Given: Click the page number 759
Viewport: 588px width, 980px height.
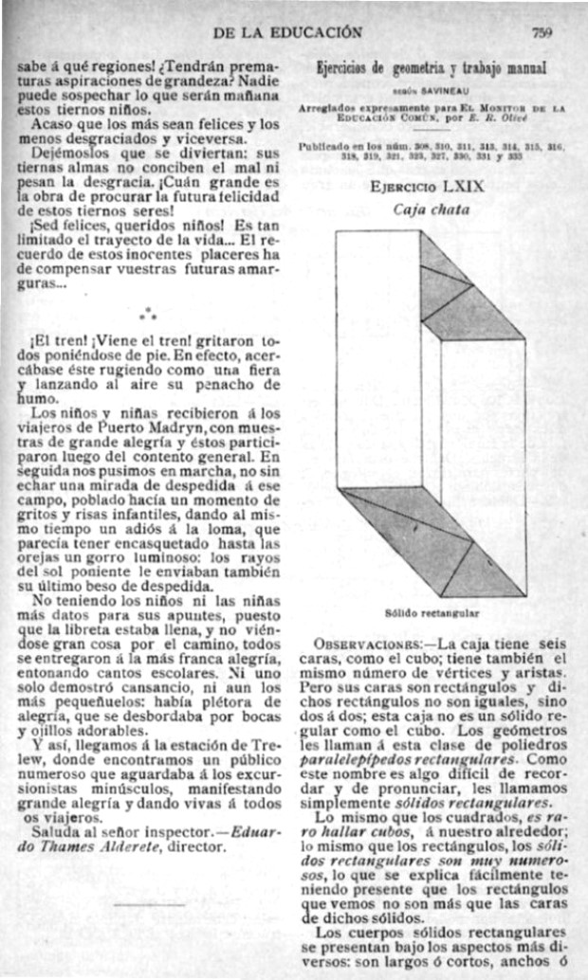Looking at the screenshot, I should pyautogui.click(x=542, y=32).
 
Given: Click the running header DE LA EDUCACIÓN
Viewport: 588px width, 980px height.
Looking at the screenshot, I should pyautogui.click(x=288, y=32).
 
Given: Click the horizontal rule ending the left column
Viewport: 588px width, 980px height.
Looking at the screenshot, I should pyautogui.click(x=148, y=907).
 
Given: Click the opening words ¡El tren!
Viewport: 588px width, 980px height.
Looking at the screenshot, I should pyautogui.click(x=57, y=338).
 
